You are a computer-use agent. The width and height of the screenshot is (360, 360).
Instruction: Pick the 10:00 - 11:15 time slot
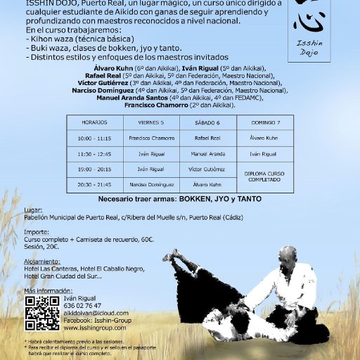[x=94, y=138]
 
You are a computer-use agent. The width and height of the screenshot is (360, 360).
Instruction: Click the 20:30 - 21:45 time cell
[x=94, y=184]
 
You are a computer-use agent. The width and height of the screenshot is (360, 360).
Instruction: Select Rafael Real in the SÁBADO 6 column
[x=207, y=138]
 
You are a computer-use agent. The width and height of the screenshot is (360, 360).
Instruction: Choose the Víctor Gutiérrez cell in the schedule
[x=207, y=169]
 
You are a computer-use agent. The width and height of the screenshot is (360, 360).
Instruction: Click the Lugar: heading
[x=32, y=210]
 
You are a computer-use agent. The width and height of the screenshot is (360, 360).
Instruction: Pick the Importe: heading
[x=35, y=229]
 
